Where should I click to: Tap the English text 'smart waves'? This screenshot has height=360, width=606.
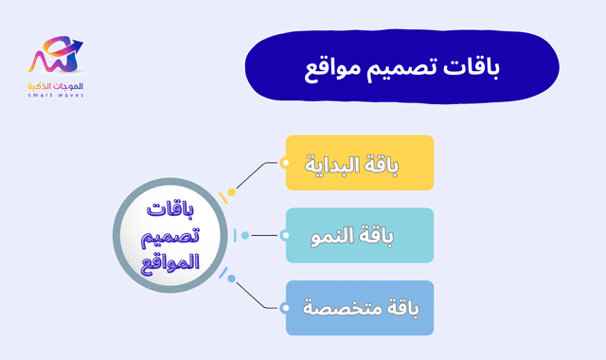58,96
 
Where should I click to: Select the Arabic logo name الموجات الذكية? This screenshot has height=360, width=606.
58,85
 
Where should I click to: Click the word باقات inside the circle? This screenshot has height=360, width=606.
169,211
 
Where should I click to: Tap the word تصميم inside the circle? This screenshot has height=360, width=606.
169,235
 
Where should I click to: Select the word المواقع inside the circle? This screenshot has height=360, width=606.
169,260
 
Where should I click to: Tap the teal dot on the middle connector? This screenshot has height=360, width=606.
245,235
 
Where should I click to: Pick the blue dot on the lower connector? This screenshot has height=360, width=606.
231,279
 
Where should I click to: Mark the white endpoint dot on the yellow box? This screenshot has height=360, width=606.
285,163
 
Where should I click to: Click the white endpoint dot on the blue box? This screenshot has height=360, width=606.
285,308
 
